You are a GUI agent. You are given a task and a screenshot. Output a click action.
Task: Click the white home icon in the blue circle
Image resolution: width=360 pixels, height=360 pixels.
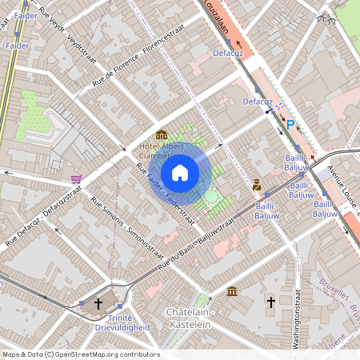pyautogui.click(x=180, y=172)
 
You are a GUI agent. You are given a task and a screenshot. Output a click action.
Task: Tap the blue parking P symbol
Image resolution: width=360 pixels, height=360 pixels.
pyautogui.click(x=291, y=124)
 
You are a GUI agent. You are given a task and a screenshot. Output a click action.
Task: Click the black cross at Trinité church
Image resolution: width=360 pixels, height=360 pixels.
pyautogui.click(x=98, y=303)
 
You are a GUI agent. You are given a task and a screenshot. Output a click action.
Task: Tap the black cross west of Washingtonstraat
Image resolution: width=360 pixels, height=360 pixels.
pyautogui.click(x=271, y=302)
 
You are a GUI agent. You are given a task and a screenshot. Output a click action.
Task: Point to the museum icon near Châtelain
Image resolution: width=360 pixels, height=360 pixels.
pyautogui.click(x=232, y=291)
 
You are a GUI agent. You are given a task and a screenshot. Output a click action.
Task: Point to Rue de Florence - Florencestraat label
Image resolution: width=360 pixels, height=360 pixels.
pyautogui.click(x=134, y=58)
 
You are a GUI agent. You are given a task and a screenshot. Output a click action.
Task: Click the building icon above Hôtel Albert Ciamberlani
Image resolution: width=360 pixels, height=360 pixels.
pyautogui.click(x=162, y=134)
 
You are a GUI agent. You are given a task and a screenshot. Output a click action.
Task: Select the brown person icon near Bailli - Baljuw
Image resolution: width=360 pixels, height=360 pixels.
pyautogui.click(x=257, y=184)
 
